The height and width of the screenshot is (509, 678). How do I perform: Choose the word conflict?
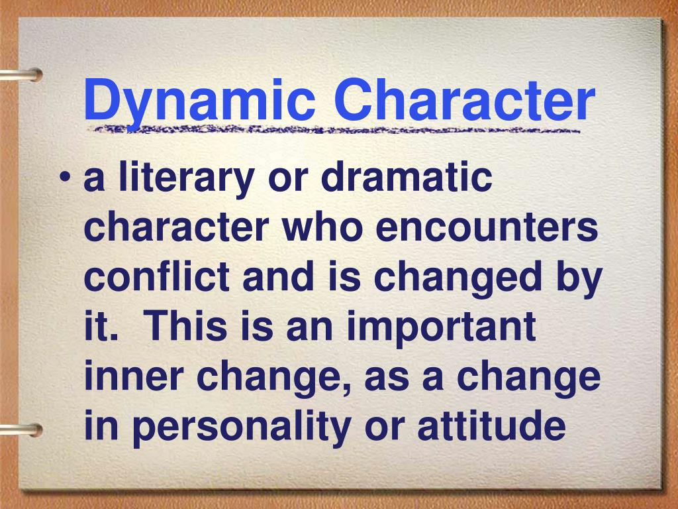[x=157, y=276]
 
